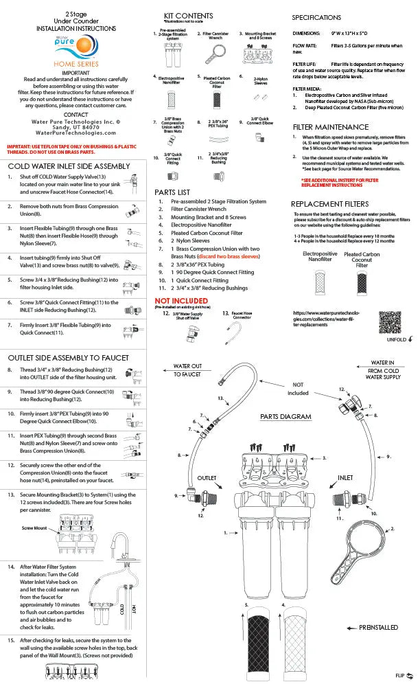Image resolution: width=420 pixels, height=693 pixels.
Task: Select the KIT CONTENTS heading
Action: coord(188,16)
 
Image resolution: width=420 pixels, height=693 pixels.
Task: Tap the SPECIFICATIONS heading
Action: coord(316,17)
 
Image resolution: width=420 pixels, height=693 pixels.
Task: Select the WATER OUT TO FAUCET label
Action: coord(187,370)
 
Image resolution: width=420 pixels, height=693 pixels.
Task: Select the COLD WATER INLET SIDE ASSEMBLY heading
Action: coord(69,166)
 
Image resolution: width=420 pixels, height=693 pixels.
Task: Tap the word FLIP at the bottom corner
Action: coord(400,675)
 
